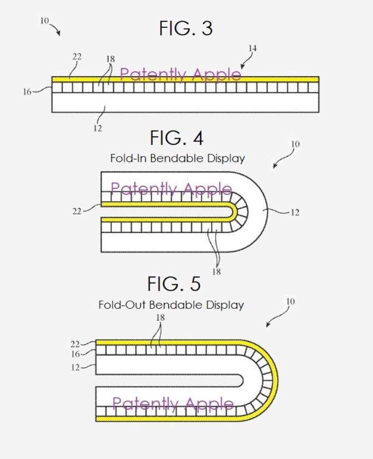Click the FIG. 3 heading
pos(186,28)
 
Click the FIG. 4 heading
pos(176,138)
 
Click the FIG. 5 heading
pos(174,283)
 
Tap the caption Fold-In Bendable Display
pos(178,159)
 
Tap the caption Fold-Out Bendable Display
pos(171,305)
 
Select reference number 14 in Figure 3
pos(252,48)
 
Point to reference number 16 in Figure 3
pos(27,92)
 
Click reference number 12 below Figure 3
pos(97,128)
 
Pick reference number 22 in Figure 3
pos(77,57)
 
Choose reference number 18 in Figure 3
pos(110,59)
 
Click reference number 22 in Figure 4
pos(77,211)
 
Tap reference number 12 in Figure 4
pos(295,213)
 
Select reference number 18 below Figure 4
pos(216,272)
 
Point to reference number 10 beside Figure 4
pos(296,144)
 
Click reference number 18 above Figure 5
pos(160,317)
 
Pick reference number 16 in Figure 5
pos(75,354)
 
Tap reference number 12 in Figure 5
pos(75,367)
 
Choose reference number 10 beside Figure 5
pos(291,302)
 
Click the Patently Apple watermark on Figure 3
pos(180,75)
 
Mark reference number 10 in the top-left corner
pos(45,21)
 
